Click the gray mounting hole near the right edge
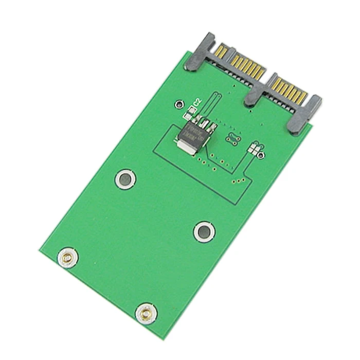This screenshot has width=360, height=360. point(204,231)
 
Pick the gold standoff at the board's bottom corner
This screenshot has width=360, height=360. point(146,312)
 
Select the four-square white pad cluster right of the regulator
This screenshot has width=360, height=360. point(253,149)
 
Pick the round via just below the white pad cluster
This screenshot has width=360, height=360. point(263,155)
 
